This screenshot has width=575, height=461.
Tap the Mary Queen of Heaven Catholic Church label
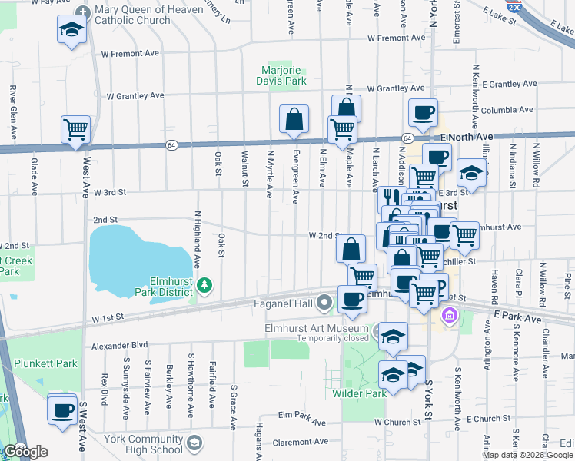(x=132, y=15)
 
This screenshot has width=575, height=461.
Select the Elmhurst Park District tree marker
(x=204, y=287)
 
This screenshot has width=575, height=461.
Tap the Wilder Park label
(x=358, y=393)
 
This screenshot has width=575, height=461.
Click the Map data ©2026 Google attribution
(x=527, y=455)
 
